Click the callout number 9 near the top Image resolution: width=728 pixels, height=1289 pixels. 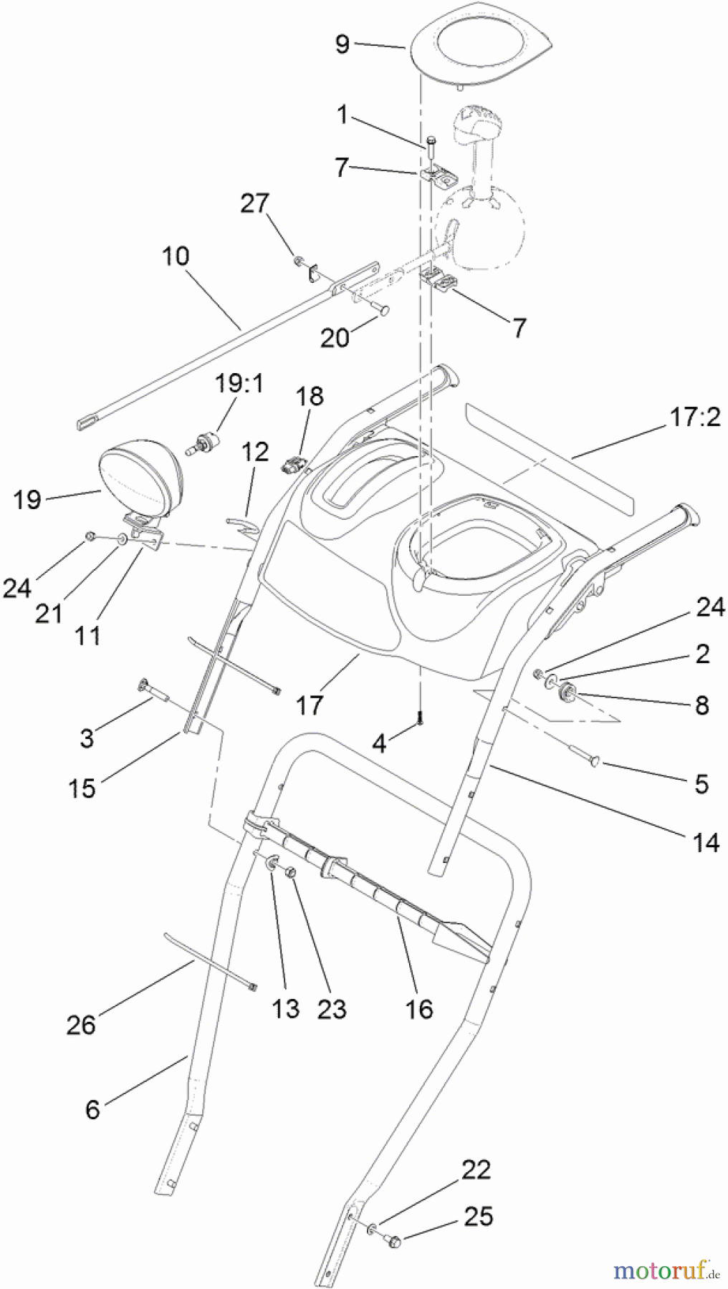coord(343,44)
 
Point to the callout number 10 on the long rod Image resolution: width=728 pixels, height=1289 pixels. coord(177,256)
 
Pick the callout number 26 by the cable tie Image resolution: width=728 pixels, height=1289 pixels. coord(81,1025)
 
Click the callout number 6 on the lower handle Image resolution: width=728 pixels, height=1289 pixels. coord(92,1109)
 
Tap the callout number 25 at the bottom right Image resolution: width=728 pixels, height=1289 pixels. coord(478,1216)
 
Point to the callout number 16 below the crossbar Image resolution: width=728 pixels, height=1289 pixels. coord(419,1008)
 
